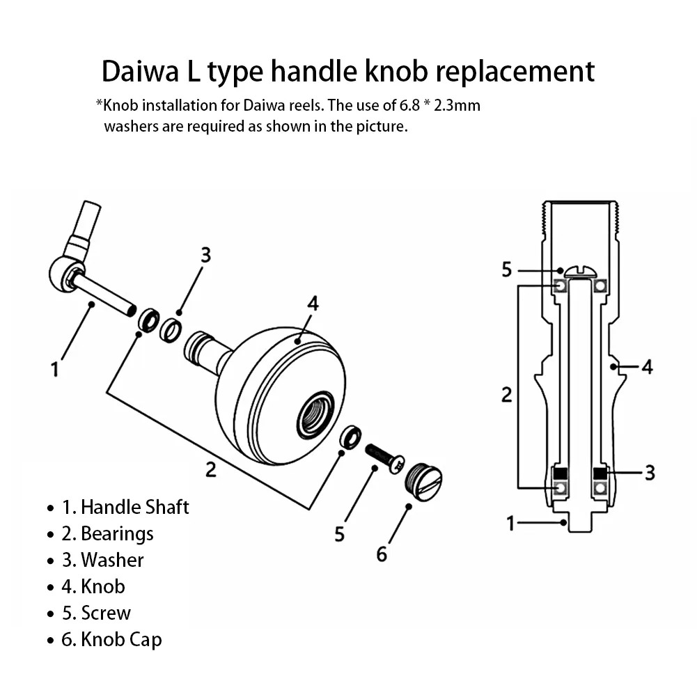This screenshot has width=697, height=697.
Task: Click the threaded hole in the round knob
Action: click(315, 416)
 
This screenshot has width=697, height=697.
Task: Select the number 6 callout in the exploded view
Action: click(382, 554)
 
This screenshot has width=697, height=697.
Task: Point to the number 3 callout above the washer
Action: click(205, 255)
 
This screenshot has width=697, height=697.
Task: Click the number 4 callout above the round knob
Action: click(313, 304)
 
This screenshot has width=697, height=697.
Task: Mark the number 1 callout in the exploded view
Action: click(55, 369)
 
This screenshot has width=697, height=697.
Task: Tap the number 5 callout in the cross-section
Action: click(507, 269)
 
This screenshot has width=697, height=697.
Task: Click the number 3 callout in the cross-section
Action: click(650, 473)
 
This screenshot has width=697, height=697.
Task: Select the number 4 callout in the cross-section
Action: click(648, 366)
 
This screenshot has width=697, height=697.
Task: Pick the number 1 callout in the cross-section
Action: click(510, 522)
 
